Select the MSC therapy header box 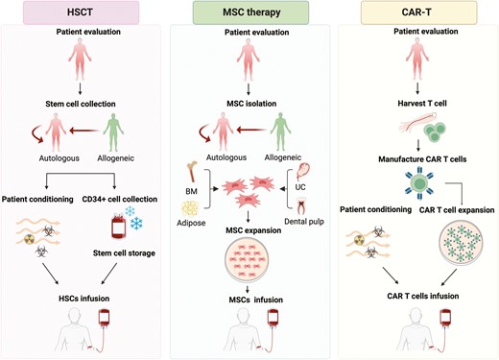point(249,12)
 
